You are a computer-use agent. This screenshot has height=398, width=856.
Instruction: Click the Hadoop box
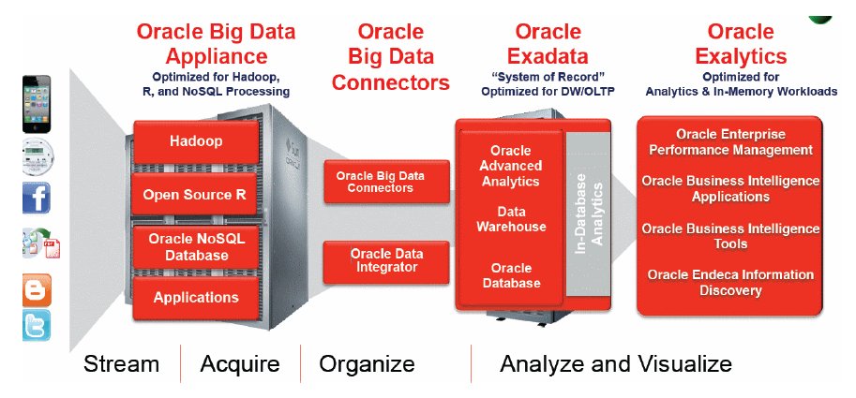click(x=196, y=142)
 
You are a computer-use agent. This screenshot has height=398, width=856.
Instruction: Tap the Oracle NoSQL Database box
click(x=196, y=246)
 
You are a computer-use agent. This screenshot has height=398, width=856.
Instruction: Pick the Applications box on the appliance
click(x=196, y=298)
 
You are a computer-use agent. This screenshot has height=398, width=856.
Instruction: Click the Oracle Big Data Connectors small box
click(x=374, y=182)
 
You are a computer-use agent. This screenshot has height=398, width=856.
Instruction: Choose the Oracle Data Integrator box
click(x=374, y=260)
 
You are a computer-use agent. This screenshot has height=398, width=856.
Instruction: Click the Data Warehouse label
click(x=510, y=219)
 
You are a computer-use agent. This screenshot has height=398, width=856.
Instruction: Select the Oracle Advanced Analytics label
click(x=510, y=166)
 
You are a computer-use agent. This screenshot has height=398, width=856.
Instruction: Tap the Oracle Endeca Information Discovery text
click(x=730, y=282)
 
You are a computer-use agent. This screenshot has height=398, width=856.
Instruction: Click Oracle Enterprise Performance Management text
click(x=730, y=142)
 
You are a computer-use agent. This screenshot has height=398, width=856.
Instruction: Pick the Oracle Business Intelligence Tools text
click(x=730, y=236)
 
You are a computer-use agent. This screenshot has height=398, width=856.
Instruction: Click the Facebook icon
click(x=37, y=198)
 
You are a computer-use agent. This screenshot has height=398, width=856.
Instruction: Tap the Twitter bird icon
click(x=37, y=326)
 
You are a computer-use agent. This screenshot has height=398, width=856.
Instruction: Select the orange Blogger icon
click(x=37, y=289)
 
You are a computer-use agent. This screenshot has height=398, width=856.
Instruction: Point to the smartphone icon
click(x=37, y=104)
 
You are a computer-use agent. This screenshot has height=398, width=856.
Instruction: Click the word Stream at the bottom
click(x=121, y=363)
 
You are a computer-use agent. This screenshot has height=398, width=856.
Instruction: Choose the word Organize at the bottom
click(x=367, y=363)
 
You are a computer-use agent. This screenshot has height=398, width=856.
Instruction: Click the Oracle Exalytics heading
click(x=741, y=44)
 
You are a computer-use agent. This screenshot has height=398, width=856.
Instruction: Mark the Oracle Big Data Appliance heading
click(x=216, y=44)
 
